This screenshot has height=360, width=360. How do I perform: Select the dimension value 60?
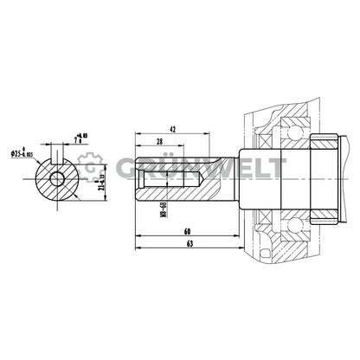(187, 232)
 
